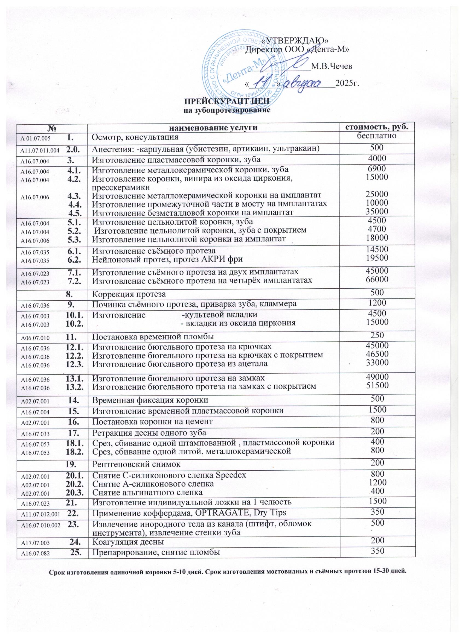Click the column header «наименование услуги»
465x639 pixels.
coord(213,127)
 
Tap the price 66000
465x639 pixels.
coord(377,279)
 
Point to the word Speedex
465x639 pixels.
coord(231,475)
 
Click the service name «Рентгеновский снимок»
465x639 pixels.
coord(136,464)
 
